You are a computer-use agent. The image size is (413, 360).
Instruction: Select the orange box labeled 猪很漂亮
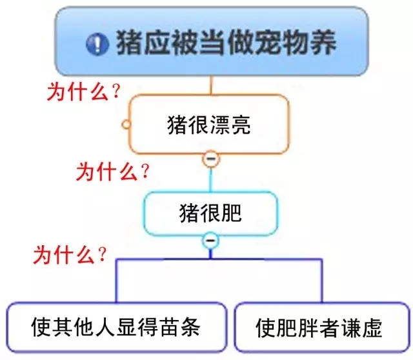coord(208,124)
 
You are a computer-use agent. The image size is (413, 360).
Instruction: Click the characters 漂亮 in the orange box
coord(230,124)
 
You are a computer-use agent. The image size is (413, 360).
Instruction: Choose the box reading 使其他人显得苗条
coord(116,326)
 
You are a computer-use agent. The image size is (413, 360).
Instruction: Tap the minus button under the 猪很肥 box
coord(210,241)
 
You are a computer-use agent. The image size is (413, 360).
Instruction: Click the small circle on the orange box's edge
coord(126,124)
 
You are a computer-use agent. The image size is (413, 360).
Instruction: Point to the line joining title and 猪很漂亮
coord(210,85)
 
